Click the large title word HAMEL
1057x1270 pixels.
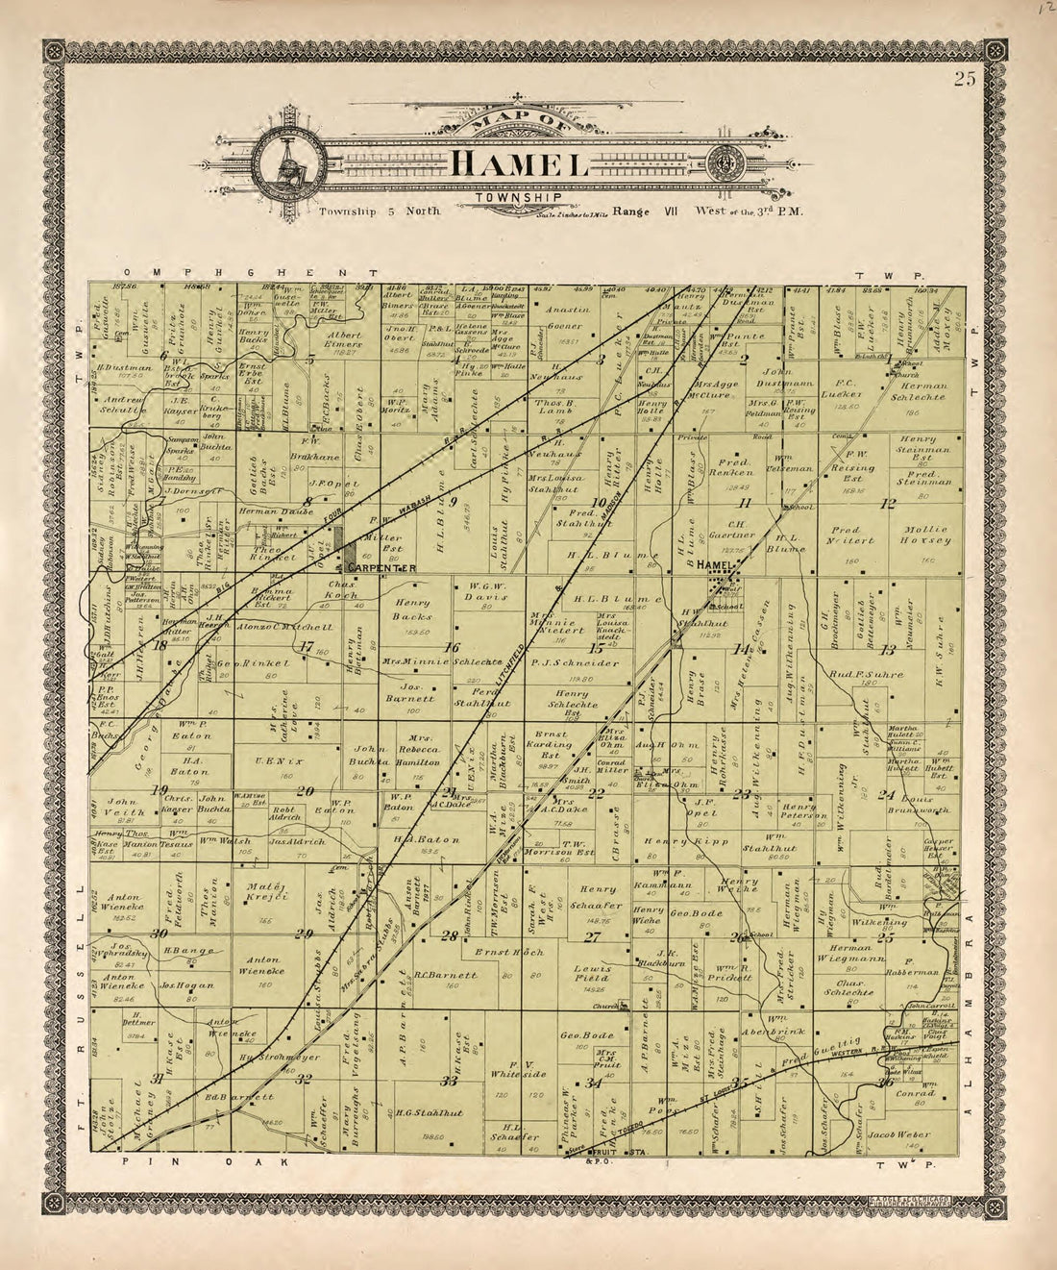point(520,164)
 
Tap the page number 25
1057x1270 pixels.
point(965,80)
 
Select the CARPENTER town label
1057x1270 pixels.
point(381,568)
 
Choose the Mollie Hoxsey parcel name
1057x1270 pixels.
point(925,535)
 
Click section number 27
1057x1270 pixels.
point(592,936)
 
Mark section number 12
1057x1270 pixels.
point(889,503)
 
